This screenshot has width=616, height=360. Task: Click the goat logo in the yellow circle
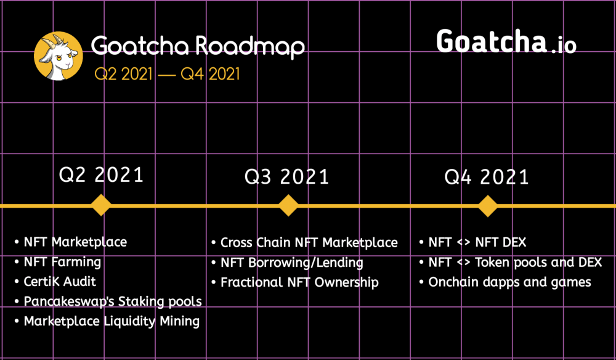(59, 56)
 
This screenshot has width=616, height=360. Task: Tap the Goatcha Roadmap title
(198, 46)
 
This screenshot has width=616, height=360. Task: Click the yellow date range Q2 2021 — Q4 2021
(167, 74)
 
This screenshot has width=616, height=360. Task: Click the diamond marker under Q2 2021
(101, 205)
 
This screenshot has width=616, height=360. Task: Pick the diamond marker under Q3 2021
(288, 205)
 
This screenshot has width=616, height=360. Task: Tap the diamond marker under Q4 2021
(488, 206)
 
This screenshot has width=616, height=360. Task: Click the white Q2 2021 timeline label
(101, 175)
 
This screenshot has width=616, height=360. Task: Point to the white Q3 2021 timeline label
(287, 177)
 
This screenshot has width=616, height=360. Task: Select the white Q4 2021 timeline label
(487, 177)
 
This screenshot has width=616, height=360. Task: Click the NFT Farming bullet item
(62, 262)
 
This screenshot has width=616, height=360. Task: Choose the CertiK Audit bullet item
(60, 281)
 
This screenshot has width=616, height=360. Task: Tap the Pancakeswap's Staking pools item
(113, 301)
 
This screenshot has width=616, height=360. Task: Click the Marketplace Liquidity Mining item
(111, 321)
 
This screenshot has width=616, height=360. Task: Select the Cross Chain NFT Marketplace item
(309, 242)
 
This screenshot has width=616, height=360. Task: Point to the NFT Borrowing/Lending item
(292, 263)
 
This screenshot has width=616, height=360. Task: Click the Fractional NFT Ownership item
(300, 282)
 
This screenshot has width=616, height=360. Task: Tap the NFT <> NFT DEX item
(477, 242)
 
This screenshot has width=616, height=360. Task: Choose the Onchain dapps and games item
(509, 282)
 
